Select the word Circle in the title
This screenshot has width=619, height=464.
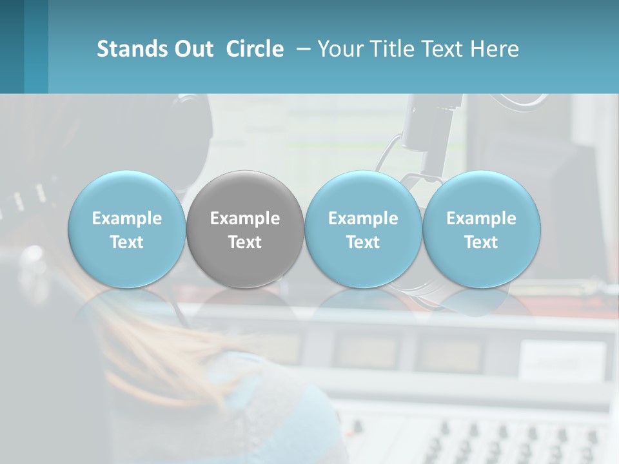click(255, 49)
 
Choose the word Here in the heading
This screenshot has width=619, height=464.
click(494, 49)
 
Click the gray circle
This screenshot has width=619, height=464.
click(245, 229)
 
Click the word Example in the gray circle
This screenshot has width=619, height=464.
click(245, 218)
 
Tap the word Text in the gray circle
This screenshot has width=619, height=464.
click(245, 242)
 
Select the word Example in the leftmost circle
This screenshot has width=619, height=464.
click(127, 218)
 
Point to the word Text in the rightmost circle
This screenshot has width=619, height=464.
click(482, 242)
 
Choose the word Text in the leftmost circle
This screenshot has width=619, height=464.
click(127, 242)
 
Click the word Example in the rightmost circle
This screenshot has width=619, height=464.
click(482, 218)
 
